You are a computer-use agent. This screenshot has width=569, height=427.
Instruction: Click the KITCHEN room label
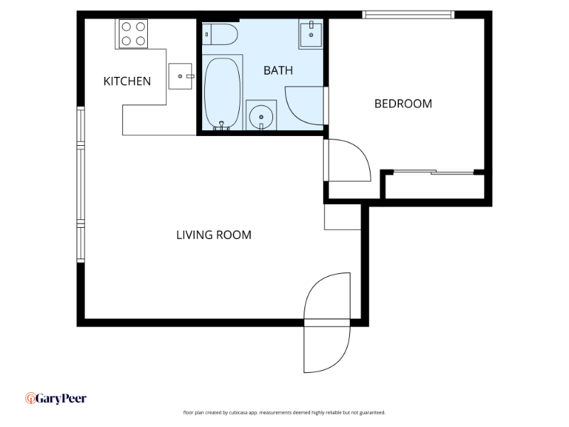pyautogui.click(x=127, y=81)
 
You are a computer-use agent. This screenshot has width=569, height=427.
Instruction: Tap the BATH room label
pyautogui.click(x=278, y=70)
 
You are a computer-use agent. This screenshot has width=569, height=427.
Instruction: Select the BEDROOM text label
pyautogui.click(x=403, y=104)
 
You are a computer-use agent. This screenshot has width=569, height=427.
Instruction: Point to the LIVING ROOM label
pyautogui.click(x=214, y=235)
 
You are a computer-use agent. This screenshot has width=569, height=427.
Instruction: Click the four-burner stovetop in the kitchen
pyautogui.click(x=133, y=33)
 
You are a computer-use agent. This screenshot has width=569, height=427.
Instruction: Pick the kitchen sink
pyautogui.click(x=181, y=76)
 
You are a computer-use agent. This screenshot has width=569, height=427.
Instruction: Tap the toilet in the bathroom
pyautogui.click(x=220, y=34)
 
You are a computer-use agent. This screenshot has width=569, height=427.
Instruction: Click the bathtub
pyautogui.click(x=222, y=93)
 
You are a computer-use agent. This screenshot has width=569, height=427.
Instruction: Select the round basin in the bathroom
pyautogui.click(x=261, y=116)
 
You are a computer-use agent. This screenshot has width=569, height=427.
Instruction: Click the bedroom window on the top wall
pyautogui.click(x=408, y=14)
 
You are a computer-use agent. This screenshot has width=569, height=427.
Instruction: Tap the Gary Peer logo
pyautogui.click(x=56, y=399)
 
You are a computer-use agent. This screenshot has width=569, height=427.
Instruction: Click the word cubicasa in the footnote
pyautogui.click(x=238, y=413)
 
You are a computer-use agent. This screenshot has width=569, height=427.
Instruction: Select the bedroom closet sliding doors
pyautogui.click(x=434, y=172)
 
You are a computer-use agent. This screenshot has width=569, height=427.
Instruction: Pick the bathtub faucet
pyautogui.click(x=222, y=126)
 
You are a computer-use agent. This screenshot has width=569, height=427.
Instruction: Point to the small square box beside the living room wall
pyautogui.click(x=342, y=217)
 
